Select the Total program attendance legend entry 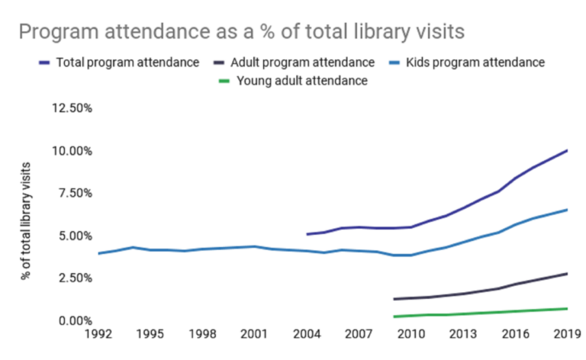tap(127, 63)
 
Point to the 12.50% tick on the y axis tap(72, 108)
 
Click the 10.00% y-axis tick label tap(72, 151)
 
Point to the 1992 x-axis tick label tap(98, 334)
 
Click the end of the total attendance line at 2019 tap(567, 150)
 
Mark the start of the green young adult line tap(394, 317)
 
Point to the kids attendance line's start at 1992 tap(98, 253)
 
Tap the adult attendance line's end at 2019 tap(567, 273)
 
